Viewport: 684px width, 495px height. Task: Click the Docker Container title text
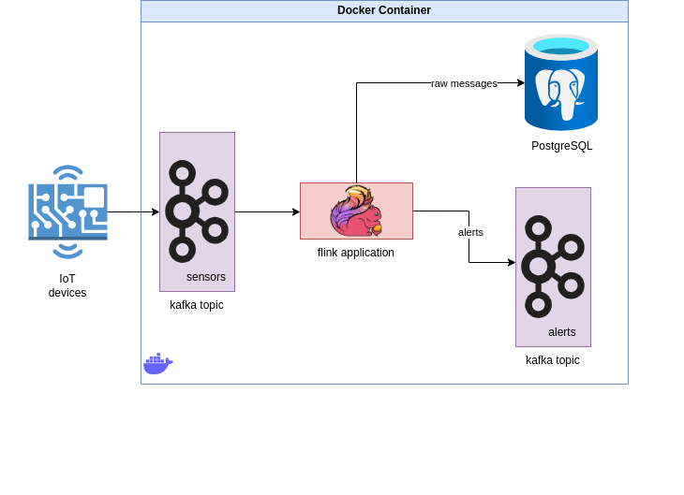pos(384,10)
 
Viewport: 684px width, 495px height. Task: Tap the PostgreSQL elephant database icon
pos(561,82)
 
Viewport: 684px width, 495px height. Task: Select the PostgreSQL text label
pos(562,146)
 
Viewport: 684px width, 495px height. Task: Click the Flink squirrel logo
pos(356,211)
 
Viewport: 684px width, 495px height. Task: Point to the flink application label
pos(355,253)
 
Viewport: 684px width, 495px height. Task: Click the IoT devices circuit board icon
pos(67,211)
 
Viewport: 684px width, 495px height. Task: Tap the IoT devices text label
pos(67,285)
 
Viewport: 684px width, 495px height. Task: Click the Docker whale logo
pos(158,363)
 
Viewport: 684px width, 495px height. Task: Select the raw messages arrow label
pos(464,83)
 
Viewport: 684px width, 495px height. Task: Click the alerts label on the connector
pos(470,232)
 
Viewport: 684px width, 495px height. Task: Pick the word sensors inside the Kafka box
pos(206,277)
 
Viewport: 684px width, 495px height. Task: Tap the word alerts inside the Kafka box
pos(562,332)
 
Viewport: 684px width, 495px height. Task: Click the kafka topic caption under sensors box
pos(197,305)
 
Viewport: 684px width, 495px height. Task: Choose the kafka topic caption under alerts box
pos(552,360)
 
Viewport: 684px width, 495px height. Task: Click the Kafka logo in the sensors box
pos(197,211)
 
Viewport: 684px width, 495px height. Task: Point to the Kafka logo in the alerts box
pos(553,267)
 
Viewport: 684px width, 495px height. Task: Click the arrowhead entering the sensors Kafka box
pos(156,211)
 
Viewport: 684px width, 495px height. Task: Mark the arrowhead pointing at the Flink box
pos(296,211)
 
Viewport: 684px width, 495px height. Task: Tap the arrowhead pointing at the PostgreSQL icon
pos(521,82)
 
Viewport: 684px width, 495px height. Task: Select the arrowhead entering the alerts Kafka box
pos(512,262)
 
